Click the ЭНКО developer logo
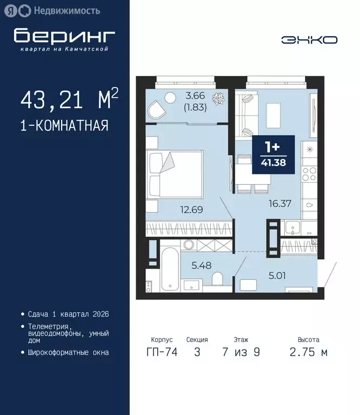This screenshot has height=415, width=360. pos(309,39)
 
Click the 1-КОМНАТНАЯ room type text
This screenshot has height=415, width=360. pos(64,126)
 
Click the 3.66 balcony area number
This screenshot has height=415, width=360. pos(195,96)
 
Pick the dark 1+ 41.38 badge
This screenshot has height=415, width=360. pos(273,155)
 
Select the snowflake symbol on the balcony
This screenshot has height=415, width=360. pos(219,100)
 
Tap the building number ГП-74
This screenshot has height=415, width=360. pos(161,353)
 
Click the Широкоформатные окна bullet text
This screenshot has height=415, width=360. pos(68,352)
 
